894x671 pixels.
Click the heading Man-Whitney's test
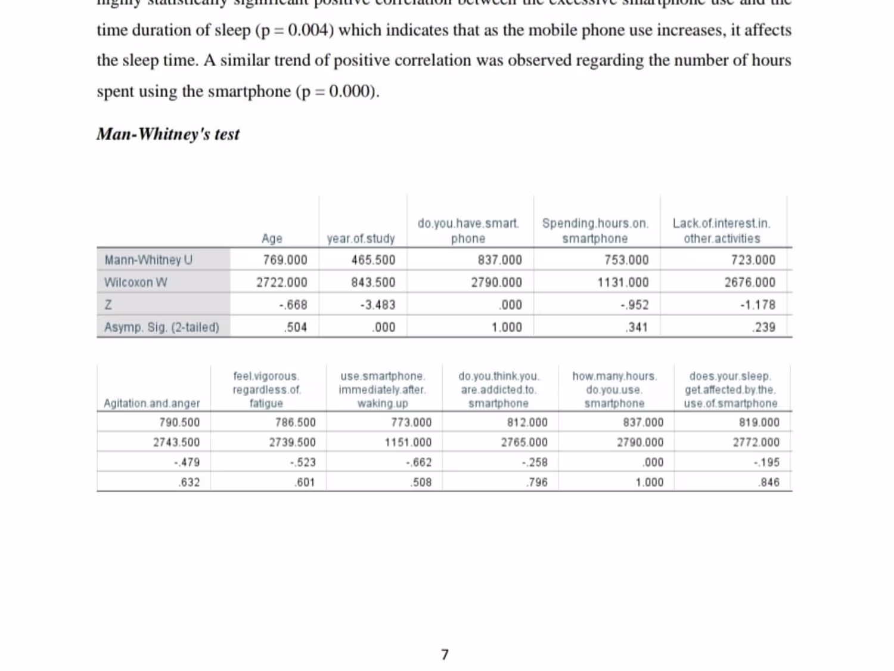click(x=168, y=134)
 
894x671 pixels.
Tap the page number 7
click(x=445, y=655)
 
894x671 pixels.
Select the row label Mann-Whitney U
click(x=148, y=260)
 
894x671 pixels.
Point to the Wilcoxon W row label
click(x=136, y=282)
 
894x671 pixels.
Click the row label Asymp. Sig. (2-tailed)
click(x=162, y=327)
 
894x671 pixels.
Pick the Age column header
click(x=272, y=239)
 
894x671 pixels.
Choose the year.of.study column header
click(x=361, y=239)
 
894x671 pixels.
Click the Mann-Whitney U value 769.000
click(x=285, y=260)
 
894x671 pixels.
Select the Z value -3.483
click(x=377, y=305)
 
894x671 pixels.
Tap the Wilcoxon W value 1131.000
click(x=623, y=282)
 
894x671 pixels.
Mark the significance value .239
click(x=764, y=327)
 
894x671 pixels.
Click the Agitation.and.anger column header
click(x=152, y=404)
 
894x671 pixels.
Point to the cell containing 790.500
click(x=179, y=423)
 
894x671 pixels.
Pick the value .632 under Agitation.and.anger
click(x=190, y=483)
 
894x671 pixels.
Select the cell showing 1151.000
click(x=408, y=443)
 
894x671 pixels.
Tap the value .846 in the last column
click(x=769, y=483)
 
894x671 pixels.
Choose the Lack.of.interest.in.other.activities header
click(x=721, y=231)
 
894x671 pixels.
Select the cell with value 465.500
click(x=373, y=260)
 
